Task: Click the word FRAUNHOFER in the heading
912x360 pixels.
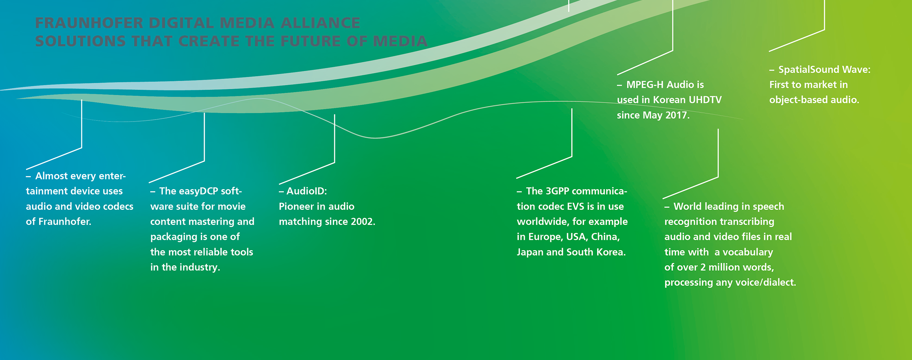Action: (x=89, y=23)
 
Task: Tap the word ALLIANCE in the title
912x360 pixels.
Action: (x=320, y=23)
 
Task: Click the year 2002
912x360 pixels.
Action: (x=362, y=222)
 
